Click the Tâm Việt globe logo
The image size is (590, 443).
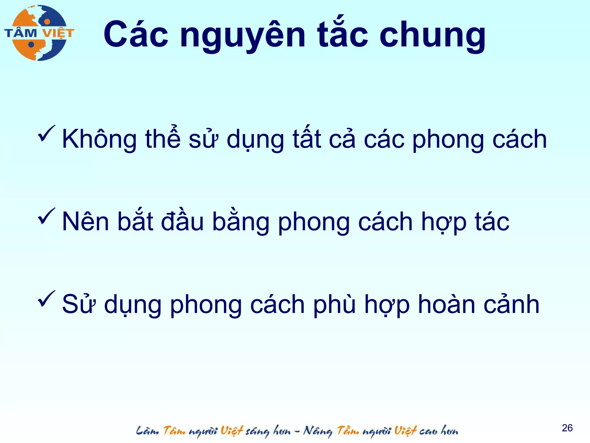pyautogui.click(x=39, y=33)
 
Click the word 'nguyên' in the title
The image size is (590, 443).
pyautogui.click(x=242, y=36)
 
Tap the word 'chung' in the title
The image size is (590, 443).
pyautogui.click(x=432, y=36)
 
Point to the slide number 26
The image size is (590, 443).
pyautogui.click(x=567, y=428)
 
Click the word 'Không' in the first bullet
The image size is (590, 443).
pyautogui.click(x=99, y=139)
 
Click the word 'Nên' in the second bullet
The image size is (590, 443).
pyautogui.click(x=86, y=221)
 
